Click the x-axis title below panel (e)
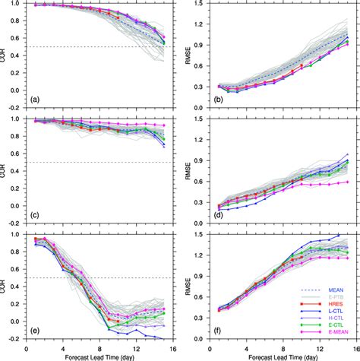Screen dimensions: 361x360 point(96,353)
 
